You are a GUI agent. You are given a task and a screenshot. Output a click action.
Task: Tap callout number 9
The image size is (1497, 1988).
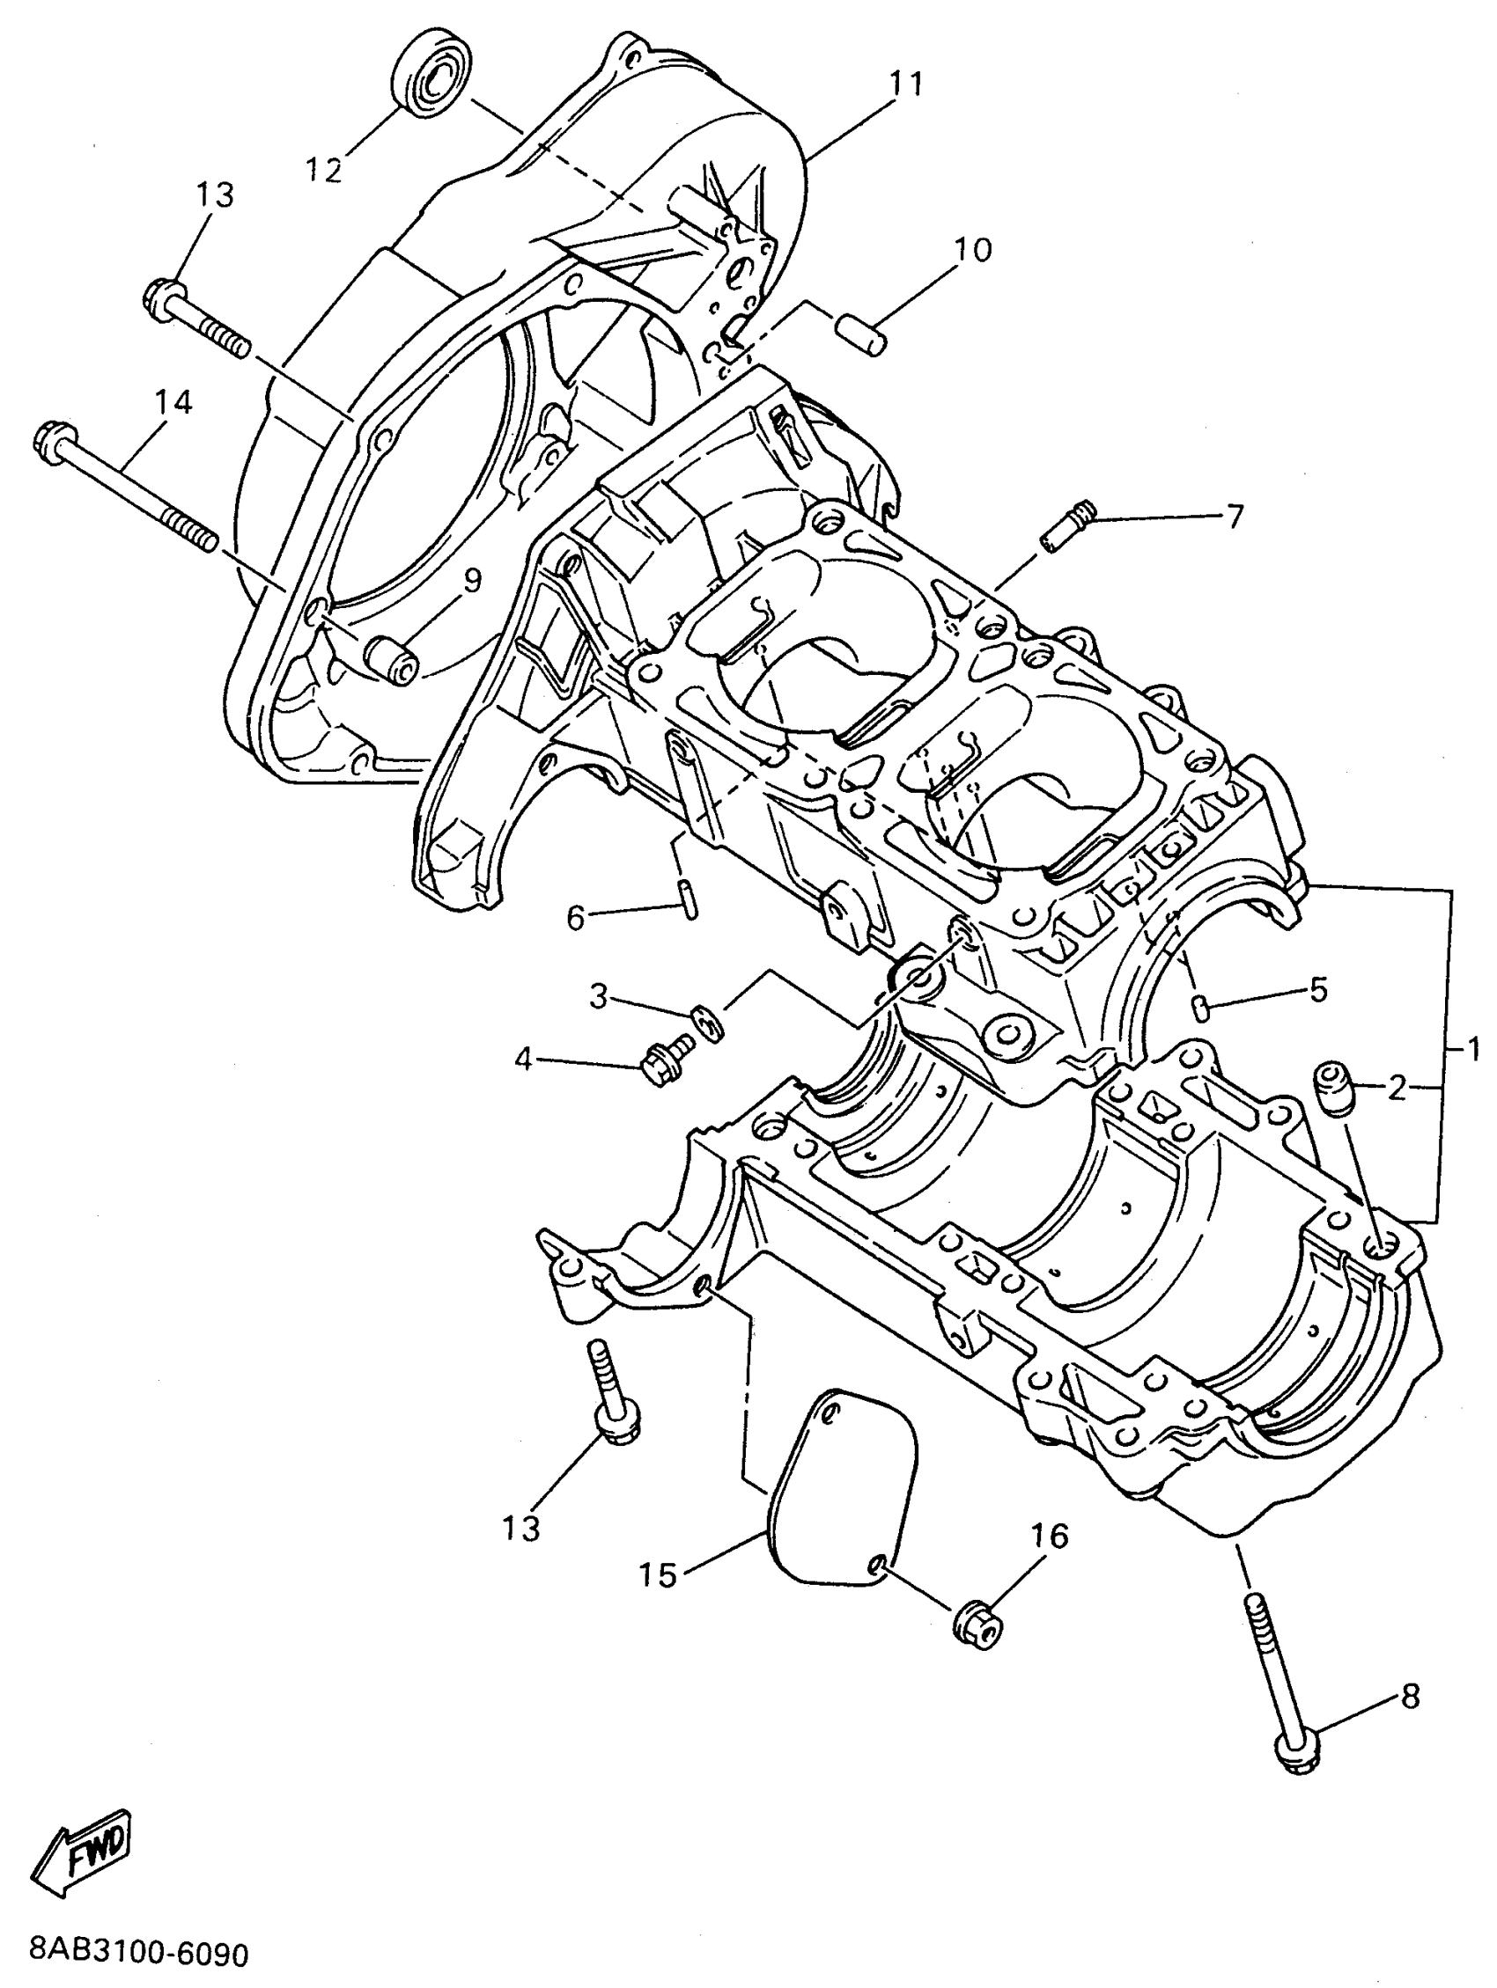pos(471,581)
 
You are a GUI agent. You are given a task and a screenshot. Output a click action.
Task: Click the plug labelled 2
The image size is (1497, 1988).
pos(1333,1087)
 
